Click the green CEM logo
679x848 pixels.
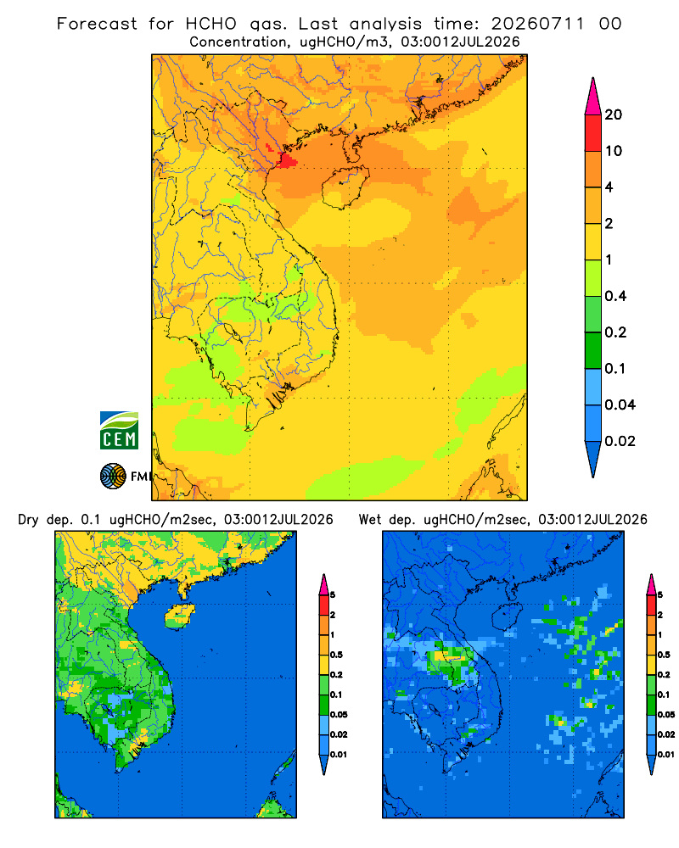point(119,431)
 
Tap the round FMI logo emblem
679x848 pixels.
point(113,476)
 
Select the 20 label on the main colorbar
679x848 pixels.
point(614,114)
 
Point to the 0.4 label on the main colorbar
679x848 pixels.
point(615,296)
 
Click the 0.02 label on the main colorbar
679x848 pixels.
point(620,441)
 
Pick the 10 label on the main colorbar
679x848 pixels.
point(614,151)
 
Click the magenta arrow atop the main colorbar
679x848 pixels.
point(593,96)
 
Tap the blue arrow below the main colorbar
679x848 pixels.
point(593,460)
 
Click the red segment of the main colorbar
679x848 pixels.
point(593,133)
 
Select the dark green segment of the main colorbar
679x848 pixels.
point(593,350)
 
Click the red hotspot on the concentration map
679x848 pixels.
point(286,160)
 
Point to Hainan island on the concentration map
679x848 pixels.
point(345,187)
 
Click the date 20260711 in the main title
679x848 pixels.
point(537,24)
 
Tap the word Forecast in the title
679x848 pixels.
point(97,24)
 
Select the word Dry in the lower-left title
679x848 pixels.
point(28,520)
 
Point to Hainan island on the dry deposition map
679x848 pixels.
point(180,616)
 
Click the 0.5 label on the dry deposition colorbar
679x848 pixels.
point(336,655)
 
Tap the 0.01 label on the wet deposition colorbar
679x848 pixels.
point(666,755)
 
